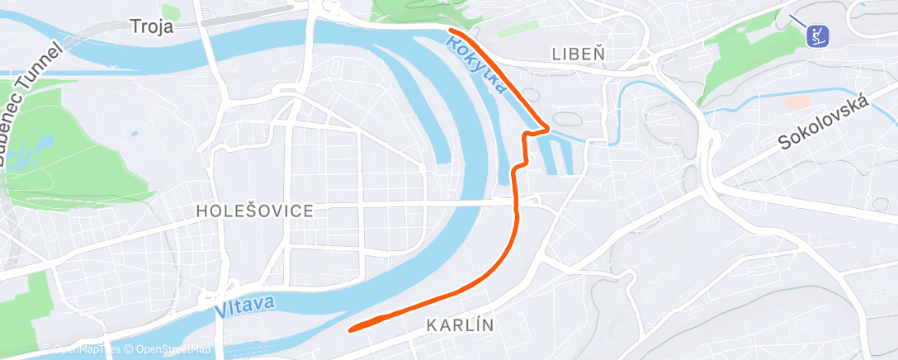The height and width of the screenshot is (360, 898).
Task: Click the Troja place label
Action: click(x=152, y=26)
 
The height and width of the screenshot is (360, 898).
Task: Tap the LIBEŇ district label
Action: click(x=578, y=54)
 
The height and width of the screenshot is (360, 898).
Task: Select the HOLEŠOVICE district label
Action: click(x=255, y=211)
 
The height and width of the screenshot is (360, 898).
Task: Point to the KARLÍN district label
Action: click(x=461, y=325)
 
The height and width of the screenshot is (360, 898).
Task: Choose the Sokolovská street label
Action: click(x=825, y=122)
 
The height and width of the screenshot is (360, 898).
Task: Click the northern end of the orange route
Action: click(x=451, y=31)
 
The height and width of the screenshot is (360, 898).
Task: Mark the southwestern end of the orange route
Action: click(x=352, y=329)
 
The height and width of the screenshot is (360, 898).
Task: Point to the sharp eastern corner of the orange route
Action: click(x=547, y=127)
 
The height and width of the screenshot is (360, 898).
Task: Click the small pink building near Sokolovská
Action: click(x=797, y=102)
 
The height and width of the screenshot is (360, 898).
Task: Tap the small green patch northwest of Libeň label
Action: click(x=517, y=28)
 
